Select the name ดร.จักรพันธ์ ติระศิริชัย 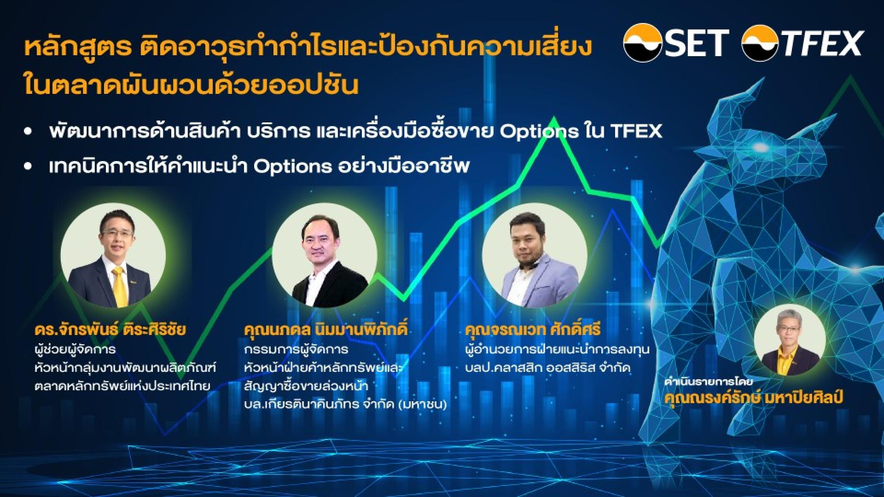110,329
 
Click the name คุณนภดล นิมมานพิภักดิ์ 326,329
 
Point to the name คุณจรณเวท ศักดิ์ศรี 533,329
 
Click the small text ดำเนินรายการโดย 708,382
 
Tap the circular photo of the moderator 790,340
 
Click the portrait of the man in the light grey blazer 535,256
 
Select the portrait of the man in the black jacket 325,256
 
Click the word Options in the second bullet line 292,166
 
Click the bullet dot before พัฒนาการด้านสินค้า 29,132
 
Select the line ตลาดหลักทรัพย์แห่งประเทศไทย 122,386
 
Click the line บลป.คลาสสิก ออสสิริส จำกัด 547,368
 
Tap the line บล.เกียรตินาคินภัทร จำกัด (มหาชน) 346,405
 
